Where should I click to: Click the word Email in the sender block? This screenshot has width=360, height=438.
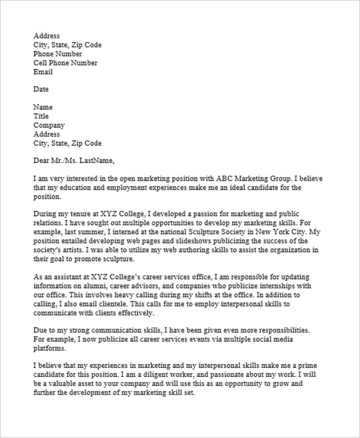tap(43, 72)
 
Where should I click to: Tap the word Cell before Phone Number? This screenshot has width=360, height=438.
tap(41, 63)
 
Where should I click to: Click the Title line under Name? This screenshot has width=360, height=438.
tap(41, 116)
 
